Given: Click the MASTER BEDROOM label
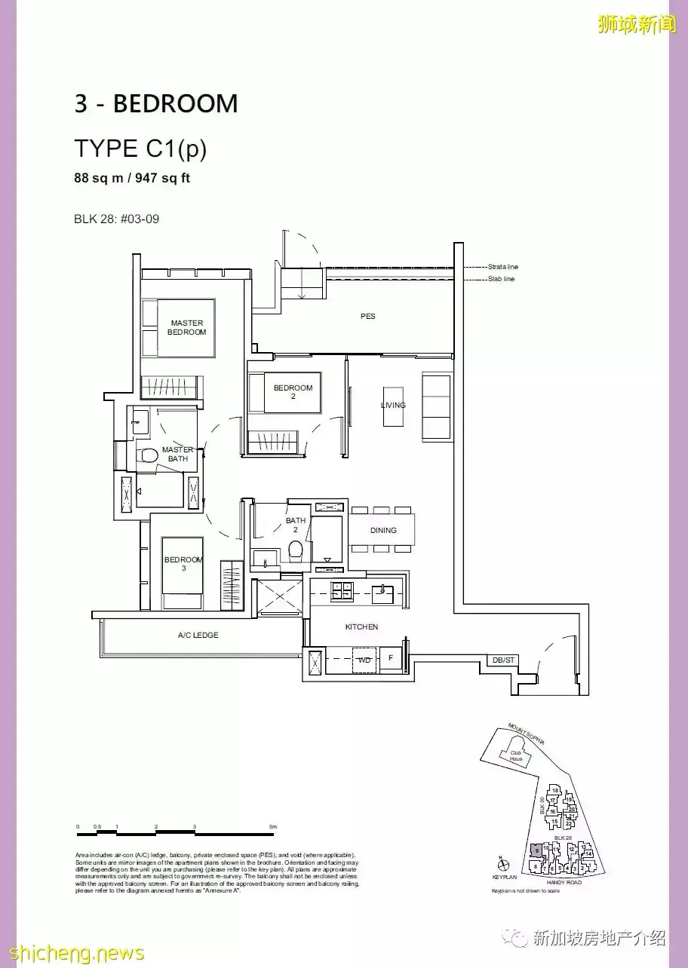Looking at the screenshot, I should tap(186, 328).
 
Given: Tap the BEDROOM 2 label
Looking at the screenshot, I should tap(293, 392).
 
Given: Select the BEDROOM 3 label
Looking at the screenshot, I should tap(183, 564).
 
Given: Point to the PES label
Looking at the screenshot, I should tap(367, 317).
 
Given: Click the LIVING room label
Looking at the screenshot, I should tap(393, 406).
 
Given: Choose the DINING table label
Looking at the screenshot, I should tap(383, 531).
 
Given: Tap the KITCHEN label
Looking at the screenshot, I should tap(361, 627).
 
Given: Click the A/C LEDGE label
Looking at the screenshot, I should tap(198, 636).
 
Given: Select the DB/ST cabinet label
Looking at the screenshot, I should tap(503, 660).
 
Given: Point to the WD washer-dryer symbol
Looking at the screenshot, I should tap(365, 660).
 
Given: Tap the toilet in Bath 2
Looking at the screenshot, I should tap(296, 550).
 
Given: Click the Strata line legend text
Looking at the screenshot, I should tap(503, 267).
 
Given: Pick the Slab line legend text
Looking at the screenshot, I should tap(501, 279).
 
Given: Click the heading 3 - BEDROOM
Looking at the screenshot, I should tap(156, 104).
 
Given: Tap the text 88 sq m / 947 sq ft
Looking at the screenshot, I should tap(133, 179).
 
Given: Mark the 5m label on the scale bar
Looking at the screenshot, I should tap(273, 827).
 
